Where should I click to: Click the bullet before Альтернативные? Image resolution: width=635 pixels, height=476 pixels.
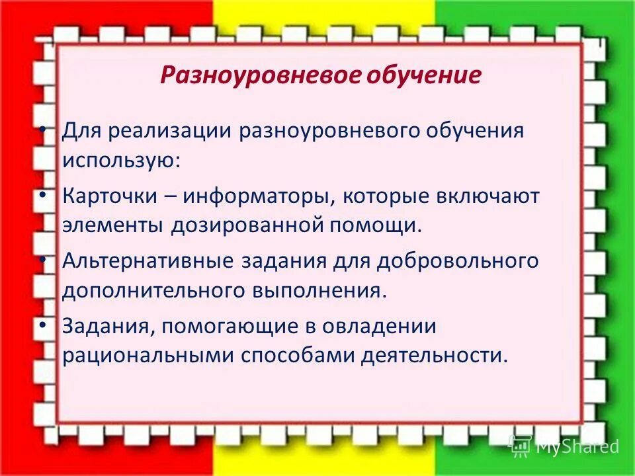tap(43, 259)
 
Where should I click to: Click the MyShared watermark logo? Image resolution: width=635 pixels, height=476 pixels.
tap(564, 446)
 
